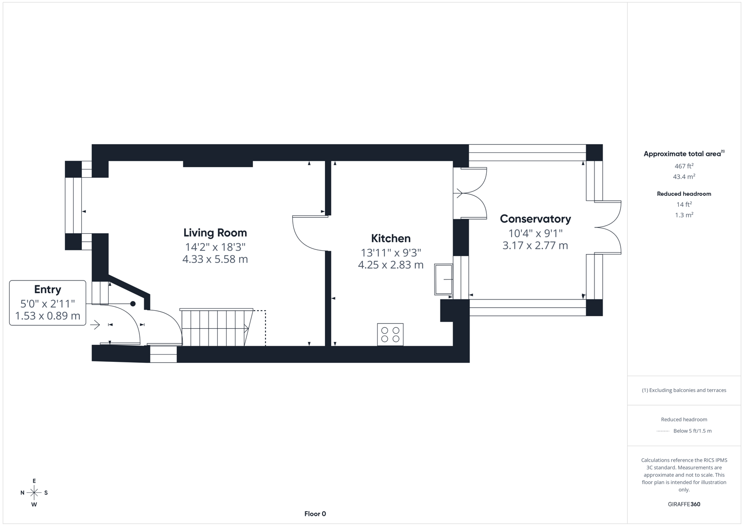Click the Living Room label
pos(215,233)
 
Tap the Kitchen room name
pos(391,239)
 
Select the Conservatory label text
pos(535,219)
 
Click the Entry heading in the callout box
pos(48,289)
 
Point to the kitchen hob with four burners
pos(390,335)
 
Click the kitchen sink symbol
pos(443,280)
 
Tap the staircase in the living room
pos(215,327)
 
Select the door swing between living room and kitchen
pos(309,234)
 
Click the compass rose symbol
pos(34,493)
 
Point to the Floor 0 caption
pos(315,514)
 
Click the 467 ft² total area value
pos(684,166)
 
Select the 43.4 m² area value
pos(684,177)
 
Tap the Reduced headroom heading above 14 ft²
pos(684,194)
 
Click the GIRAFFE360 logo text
pos(684,504)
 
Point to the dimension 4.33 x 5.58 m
pos(215,260)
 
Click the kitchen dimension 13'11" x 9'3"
pos(391,253)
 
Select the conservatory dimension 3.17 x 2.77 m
pos(535,245)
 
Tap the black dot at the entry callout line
pos(133,304)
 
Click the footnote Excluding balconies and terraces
pos(684,390)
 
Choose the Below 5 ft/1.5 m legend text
pos(692,431)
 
